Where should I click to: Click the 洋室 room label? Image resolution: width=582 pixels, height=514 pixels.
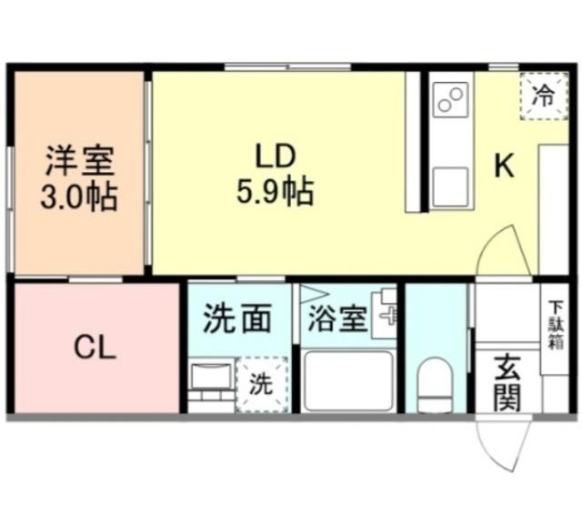[80, 162]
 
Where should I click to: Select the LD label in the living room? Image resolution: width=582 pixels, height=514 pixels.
[275, 156]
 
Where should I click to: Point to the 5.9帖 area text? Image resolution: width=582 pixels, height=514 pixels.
[275, 191]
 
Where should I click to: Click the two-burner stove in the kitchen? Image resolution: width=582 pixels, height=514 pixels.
[450, 98]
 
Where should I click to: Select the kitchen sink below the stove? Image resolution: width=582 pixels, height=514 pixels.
[449, 187]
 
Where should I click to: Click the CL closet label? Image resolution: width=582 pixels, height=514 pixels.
[95, 348]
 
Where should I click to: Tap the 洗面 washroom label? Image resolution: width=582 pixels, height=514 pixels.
[236, 319]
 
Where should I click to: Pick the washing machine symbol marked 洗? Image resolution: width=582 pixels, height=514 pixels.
[260, 384]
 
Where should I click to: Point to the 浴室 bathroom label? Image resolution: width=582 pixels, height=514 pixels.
[337, 320]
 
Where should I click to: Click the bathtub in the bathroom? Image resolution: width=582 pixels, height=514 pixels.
[347, 383]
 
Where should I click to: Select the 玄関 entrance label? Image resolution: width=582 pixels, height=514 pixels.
[507, 383]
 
